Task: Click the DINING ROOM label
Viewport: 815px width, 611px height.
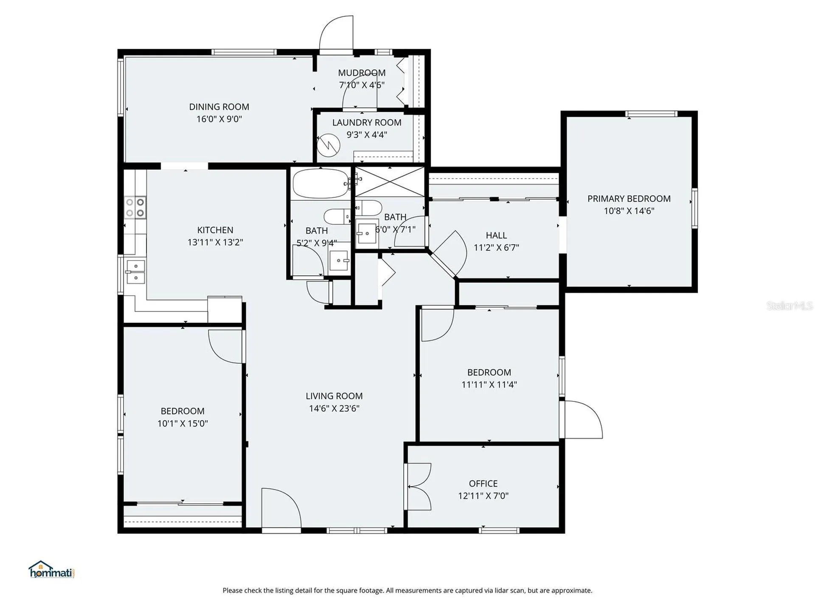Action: (219, 107)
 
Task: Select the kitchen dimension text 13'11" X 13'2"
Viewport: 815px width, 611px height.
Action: (215, 242)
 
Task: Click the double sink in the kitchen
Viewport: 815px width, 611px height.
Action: (135, 272)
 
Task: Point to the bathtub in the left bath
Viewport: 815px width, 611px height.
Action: (320, 184)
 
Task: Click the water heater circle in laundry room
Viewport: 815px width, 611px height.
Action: (329, 146)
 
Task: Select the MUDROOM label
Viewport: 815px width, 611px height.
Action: (362, 73)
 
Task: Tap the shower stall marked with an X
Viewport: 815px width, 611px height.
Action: (390, 182)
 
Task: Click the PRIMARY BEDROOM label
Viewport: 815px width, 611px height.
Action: (629, 199)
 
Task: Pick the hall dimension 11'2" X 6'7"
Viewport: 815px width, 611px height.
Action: (496, 247)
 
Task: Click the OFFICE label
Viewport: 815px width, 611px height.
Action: (483, 484)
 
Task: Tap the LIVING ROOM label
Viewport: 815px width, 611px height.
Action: (334, 396)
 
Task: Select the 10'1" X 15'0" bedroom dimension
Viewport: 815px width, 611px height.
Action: (183, 423)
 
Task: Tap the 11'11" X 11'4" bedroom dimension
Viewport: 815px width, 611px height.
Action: (489, 385)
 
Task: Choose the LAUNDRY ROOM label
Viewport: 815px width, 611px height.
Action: (367, 123)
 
